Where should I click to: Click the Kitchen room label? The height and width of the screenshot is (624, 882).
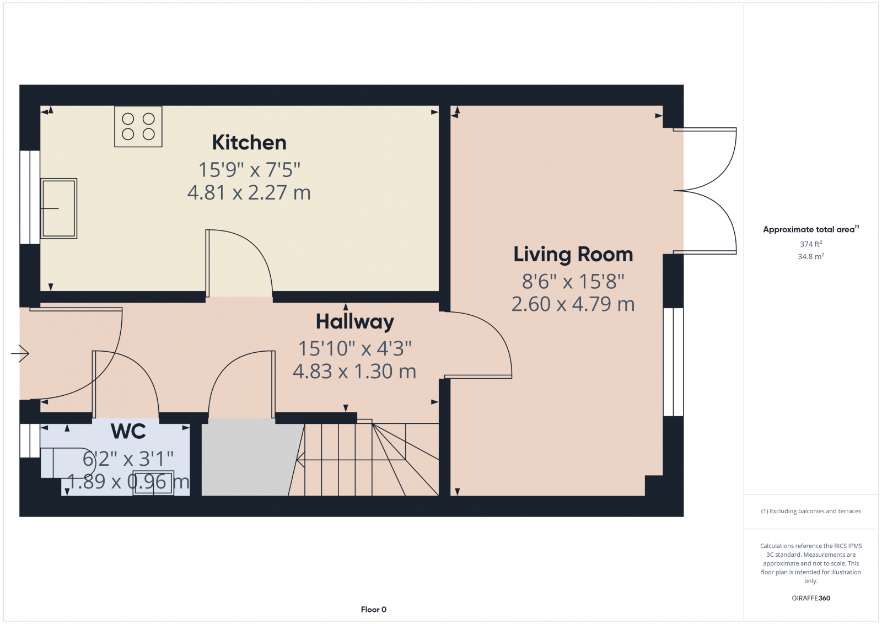click(x=249, y=143)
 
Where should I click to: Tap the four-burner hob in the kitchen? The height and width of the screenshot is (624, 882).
click(x=138, y=127)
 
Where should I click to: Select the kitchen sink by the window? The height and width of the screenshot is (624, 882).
click(x=59, y=208)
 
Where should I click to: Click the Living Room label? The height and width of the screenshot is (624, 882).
click(x=573, y=255)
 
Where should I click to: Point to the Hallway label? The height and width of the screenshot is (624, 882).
click(x=354, y=321)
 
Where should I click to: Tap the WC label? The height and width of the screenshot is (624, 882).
click(x=128, y=432)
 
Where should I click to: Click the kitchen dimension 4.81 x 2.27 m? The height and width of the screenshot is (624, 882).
click(x=249, y=192)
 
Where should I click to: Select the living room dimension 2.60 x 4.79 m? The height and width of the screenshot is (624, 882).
click(x=573, y=304)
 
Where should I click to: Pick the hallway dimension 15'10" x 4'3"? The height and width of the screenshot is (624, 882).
click(x=354, y=348)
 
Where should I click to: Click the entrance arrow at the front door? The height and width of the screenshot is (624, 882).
click(x=20, y=353)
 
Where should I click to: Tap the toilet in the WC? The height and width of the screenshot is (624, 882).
click(x=63, y=462)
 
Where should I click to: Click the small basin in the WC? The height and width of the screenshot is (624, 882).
click(x=153, y=483)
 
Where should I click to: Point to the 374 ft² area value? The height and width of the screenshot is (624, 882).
click(x=811, y=244)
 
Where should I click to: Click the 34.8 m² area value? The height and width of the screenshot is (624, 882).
click(x=811, y=257)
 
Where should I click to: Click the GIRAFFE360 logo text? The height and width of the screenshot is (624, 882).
click(x=811, y=598)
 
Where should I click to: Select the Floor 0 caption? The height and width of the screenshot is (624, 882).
click(x=374, y=610)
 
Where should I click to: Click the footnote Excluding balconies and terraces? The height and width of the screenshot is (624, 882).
click(x=811, y=512)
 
